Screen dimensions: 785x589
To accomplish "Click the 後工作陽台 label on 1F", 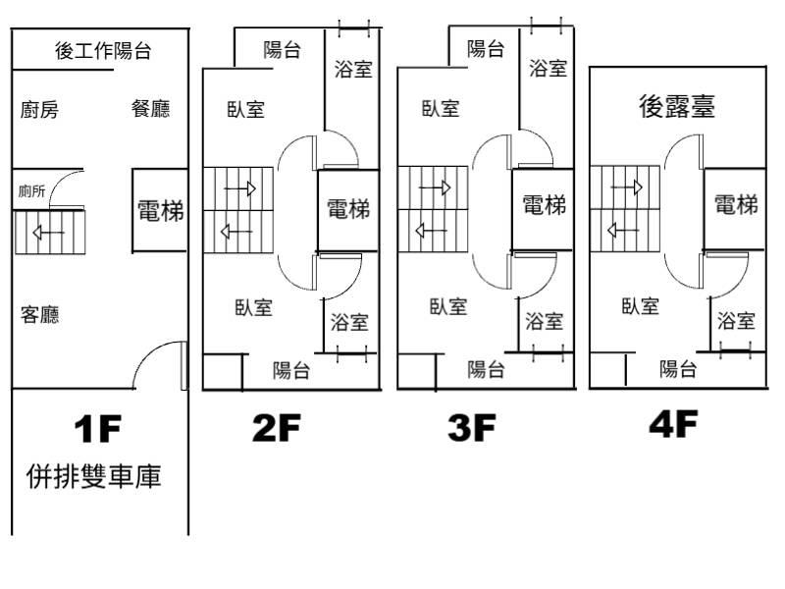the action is [x=103, y=51].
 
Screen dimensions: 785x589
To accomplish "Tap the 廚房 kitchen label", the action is [x=39, y=110].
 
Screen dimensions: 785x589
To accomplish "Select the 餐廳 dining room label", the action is [x=151, y=109].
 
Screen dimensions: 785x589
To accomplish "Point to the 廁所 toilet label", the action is [x=31, y=190].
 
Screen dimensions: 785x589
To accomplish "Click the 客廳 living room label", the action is [x=39, y=314].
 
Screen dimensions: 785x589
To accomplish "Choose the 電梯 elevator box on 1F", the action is [x=160, y=210].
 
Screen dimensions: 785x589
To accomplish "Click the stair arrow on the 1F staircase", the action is [x=48, y=233].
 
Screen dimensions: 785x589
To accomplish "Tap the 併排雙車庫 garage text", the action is [x=93, y=476].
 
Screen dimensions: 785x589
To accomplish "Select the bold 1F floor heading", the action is [x=97, y=429].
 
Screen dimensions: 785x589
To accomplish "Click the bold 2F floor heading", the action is [x=277, y=427].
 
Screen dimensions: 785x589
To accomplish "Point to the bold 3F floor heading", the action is [x=472, y=427].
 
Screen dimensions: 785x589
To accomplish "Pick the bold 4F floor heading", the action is [x=673, y=424].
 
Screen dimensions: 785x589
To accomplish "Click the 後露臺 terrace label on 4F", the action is [x=677, y=106].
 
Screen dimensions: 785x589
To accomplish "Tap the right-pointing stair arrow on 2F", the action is [x=239, y=188].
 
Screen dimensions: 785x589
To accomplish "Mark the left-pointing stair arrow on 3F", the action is [x=432, y=231].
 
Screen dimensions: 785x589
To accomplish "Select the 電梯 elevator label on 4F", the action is [x=736, y=205].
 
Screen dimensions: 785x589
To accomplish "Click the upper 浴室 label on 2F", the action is [x=353, y=69].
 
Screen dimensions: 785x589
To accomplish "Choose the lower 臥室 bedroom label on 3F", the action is [x=448, y=306].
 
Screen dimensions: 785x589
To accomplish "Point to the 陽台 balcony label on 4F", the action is [x=678, y=369].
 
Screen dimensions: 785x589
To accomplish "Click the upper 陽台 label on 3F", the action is [x=486, y=49].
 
